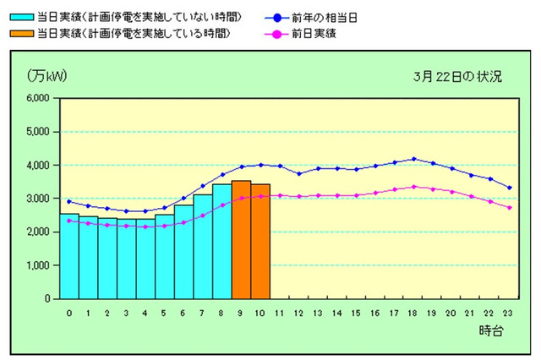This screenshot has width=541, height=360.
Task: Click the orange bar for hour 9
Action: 241,240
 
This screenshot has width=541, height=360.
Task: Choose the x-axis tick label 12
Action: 298,312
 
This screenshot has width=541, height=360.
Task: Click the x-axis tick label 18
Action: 413,312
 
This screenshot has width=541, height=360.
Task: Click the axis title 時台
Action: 491,331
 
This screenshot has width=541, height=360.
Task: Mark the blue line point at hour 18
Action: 413,159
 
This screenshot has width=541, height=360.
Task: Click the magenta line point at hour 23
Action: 509,207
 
